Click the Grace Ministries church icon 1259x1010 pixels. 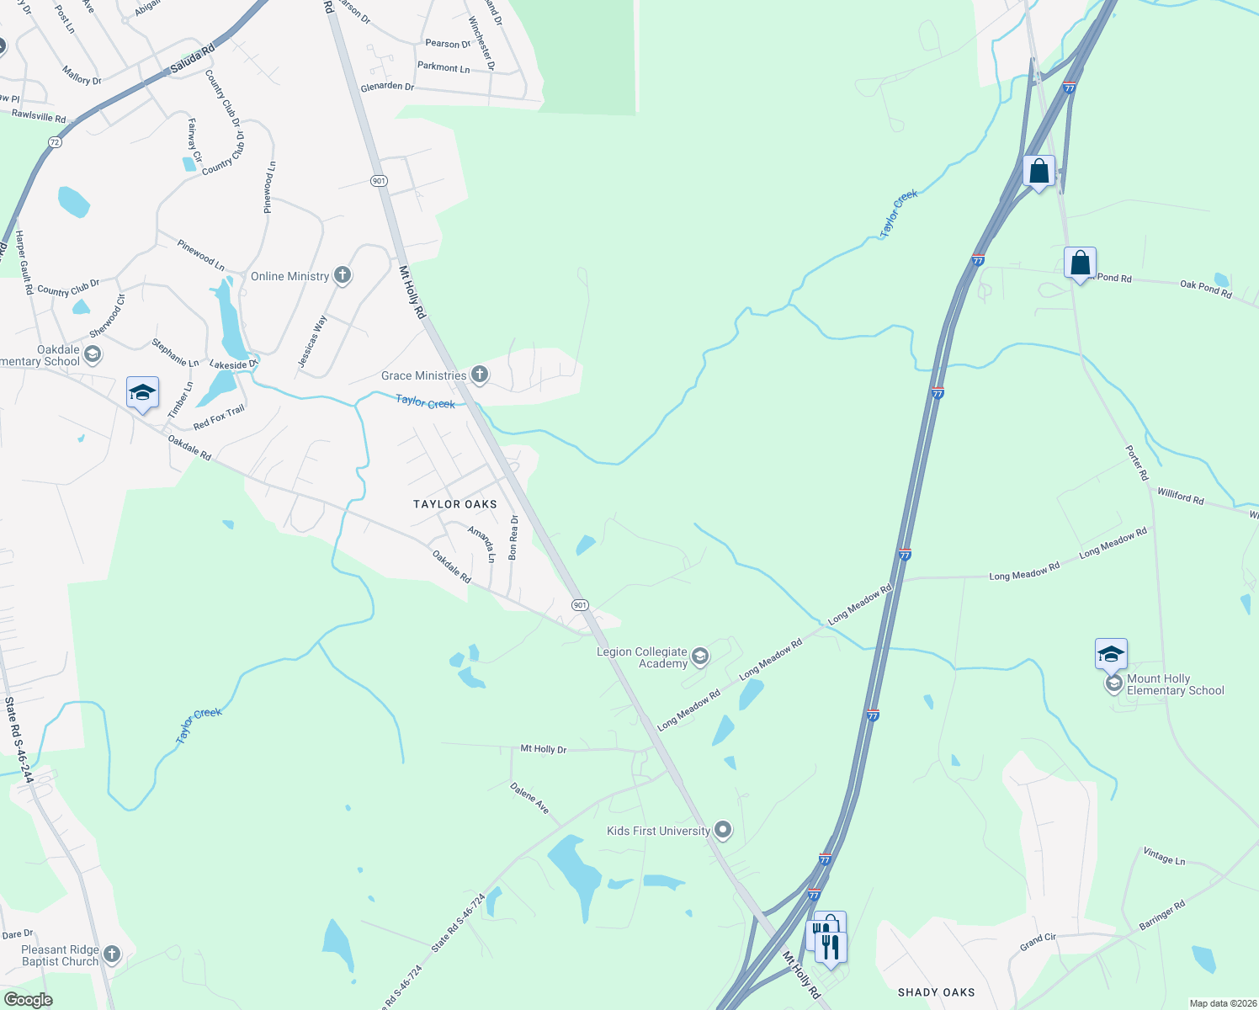480,375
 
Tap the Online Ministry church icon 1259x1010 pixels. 343,275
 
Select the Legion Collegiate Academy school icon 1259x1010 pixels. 700,656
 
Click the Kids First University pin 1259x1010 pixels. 723,831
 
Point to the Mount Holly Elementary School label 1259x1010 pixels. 1175,684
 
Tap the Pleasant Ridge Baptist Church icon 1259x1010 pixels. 112,954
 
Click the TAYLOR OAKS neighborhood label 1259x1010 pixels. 455,504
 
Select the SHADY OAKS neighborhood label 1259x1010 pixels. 936,992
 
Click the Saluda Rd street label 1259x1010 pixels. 193,61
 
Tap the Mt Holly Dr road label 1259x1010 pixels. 543,748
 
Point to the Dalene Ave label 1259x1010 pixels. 529,798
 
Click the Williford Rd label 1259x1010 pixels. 1180,497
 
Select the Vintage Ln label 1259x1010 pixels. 1164,857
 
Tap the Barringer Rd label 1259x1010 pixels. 1162,916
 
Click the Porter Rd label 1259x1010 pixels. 1137,463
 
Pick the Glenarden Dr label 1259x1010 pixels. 387,87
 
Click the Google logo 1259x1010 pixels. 28,1000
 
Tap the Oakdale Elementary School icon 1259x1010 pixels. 93,354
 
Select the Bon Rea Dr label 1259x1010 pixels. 513,537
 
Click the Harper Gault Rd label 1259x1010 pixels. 23,262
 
